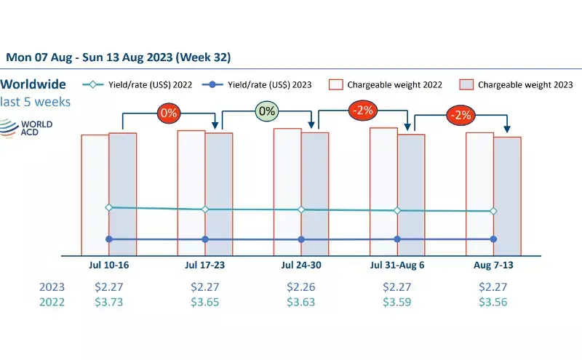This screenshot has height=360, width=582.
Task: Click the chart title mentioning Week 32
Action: point(119,57)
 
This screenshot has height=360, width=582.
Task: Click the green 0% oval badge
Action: point(268,111)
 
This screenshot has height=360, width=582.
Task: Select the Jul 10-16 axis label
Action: point(108,265)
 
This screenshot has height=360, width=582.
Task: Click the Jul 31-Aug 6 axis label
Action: point(397,265)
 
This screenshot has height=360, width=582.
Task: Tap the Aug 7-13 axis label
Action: point(493,265)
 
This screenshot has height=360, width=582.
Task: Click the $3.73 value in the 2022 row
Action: point(109,302)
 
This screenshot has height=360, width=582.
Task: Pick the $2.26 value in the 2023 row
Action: point(301,287)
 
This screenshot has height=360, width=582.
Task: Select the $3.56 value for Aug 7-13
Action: point(493,302)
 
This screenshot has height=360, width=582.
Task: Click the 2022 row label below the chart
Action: point(52,302)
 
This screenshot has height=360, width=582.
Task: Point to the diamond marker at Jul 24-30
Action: point(301,209)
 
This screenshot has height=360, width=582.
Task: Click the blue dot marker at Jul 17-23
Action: point(205,239)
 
